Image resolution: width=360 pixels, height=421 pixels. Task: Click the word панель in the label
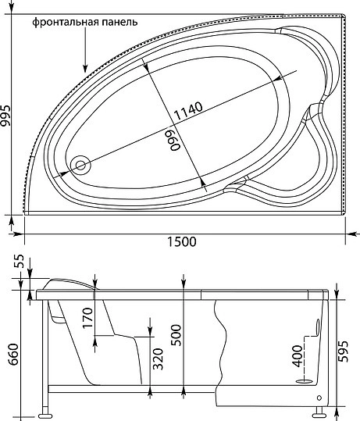click(x=118, y=22)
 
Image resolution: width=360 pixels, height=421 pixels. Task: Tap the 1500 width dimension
click(x=182, y=241)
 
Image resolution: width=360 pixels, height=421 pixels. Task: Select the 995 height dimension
click(x=5, y=116)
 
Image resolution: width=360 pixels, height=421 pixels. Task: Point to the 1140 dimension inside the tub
click(x=188, y=111)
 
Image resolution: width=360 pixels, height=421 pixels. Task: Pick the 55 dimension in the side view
click(x=20, y=262)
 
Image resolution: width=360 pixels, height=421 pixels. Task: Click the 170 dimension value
click(x=87, y=319)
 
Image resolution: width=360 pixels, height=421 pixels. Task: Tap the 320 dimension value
click(x=158, y=359)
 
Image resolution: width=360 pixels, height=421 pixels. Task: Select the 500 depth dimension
click(x=176, y=335)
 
